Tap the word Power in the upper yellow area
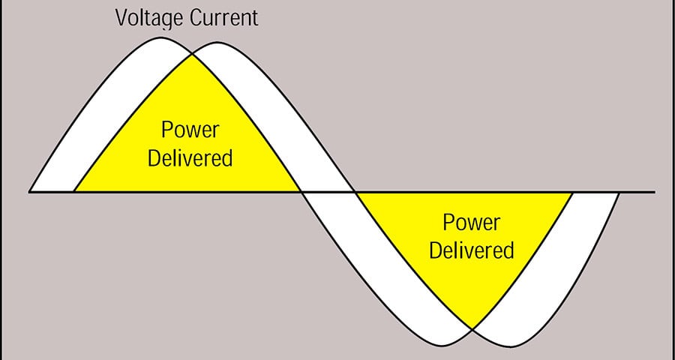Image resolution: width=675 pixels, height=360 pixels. [x=190, y=130]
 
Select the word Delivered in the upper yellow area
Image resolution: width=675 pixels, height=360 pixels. [x=190, y=158]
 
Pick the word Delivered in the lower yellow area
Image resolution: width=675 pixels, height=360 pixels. [x=471, y=250]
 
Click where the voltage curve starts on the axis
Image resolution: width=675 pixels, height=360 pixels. [x=30, y=192]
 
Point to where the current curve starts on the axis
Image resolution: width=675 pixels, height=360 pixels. [x=73, y=192]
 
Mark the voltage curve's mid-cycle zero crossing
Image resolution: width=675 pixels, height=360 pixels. [x=301, y=192]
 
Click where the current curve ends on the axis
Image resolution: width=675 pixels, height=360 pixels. [x=619, y=192]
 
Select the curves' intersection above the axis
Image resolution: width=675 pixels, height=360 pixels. [x=192, y=53]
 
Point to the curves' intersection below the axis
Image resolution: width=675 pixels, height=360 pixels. [x=472, y=328]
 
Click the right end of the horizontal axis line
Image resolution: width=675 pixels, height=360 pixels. [x=654, y=192]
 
